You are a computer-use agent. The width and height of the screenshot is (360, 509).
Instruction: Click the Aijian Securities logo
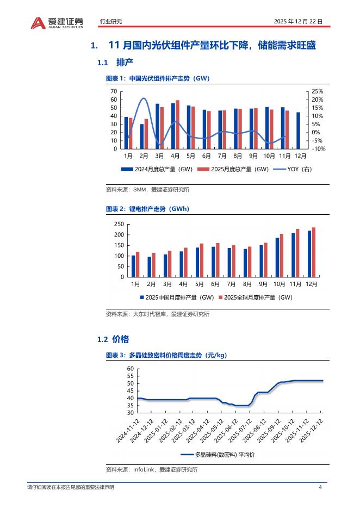[x=57, y=22]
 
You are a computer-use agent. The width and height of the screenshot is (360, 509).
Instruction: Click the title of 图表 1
[x=158, y=78]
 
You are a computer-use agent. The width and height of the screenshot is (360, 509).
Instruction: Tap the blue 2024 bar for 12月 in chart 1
[x=298, y=131]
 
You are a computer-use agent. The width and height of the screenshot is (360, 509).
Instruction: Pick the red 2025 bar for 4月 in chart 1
[x=177, y=124]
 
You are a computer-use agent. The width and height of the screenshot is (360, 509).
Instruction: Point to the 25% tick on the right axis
[x=317, y=91]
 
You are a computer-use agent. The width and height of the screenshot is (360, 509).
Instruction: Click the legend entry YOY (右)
[x=299, y=169]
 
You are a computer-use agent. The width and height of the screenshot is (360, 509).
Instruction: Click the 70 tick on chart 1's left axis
[x=114, y=91]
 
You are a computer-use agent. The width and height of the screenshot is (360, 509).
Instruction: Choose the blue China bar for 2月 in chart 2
[x=150, y=267]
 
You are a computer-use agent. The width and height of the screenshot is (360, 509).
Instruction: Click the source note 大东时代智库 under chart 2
[x=147, y=314]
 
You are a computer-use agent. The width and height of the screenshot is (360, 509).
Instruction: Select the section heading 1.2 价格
[x=113, y=339]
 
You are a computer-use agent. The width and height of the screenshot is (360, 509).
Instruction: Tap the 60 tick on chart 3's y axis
[x=129, y=369]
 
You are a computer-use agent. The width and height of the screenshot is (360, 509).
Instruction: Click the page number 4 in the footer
[x=320, y=487]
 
